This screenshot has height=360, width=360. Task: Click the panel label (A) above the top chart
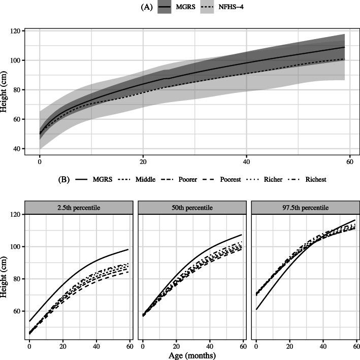click(144, 7)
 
